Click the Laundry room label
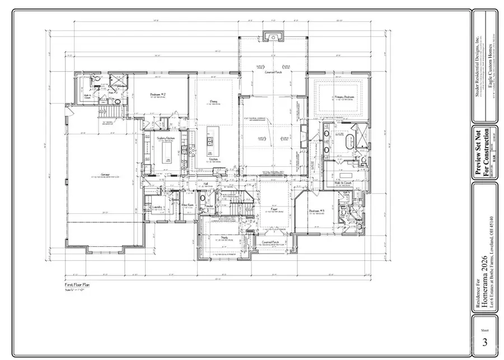[157, 207]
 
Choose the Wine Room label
[187, 205]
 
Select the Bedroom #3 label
[317, 211]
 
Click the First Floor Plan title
[77, 285]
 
